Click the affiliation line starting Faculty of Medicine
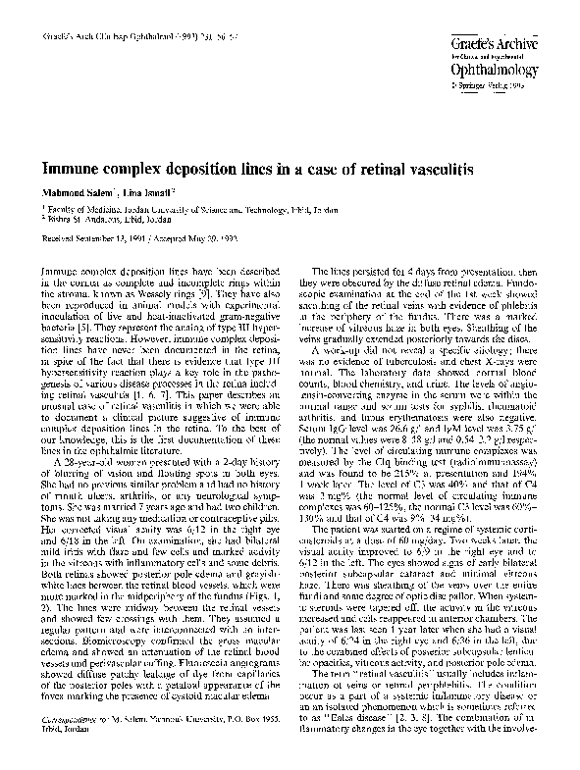157,209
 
